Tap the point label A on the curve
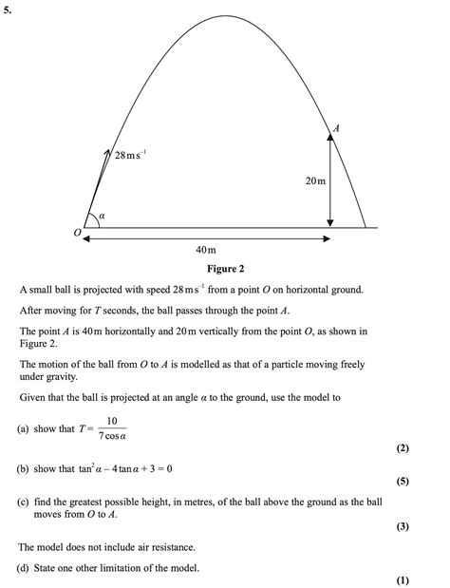pyautogui.click(x=336, y=126)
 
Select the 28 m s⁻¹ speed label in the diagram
pyautogui.click(x=130, y=154)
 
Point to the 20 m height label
pyautogui.click(x=315, y=180)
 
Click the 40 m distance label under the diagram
pyautogui.click(x=206, y=249)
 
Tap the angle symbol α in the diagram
pyautogui.click(x=102, y=218)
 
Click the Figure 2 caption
pyautogui.click(x=225, y=269)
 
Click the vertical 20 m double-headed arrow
pyautogui.click(x=330, y=180)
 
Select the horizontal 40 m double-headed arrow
pyautogui.click(x=206, y=238)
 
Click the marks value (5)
pyautogui.click(x=403, y=482)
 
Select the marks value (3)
pyautogui.click(x=403, y=526)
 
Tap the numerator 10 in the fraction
pyautogui.click(x=111, y=420)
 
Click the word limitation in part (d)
pyautogui.click(x=151, y=568)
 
